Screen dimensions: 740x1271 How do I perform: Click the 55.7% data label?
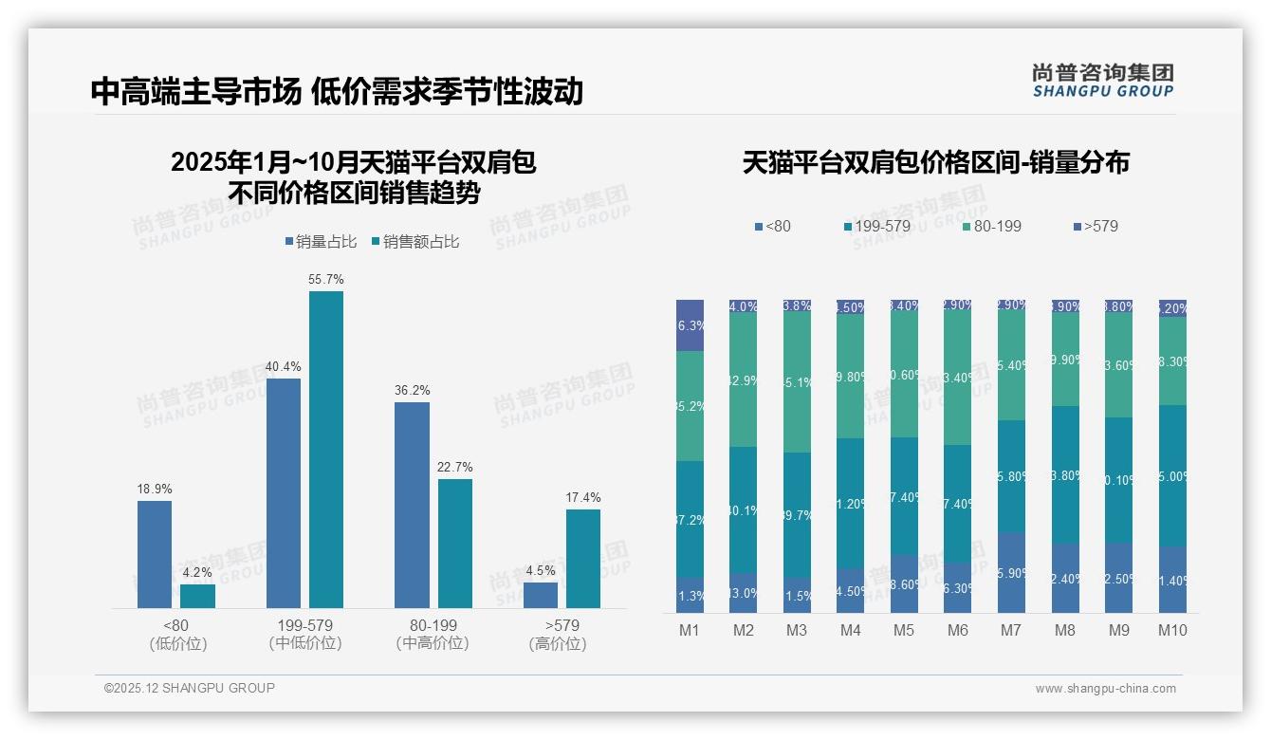coord(326,279)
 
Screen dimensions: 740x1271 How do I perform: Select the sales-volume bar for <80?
coord(155,554)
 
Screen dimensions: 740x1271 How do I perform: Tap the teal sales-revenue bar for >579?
coord(583,559)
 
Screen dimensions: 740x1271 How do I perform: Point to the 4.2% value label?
coord(197,572)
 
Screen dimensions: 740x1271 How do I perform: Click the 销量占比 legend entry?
coord(321,242)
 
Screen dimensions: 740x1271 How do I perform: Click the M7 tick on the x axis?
coord(1011,631)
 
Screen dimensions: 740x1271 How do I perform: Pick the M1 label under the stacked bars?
coord(690,631)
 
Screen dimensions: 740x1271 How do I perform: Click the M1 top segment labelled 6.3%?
coord(690,325)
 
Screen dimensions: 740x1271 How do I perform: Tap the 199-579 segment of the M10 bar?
coord(1172,475)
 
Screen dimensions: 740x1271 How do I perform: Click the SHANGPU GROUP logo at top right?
coord(1103,81)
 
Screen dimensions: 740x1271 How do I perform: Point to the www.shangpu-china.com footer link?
coord(1105,689)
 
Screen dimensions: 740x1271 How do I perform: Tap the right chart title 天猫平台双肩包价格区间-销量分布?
coord(935,162)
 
